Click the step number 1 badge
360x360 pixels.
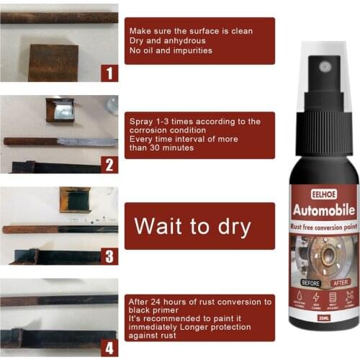[x=109, y=73]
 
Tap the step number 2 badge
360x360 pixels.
[x=109, y=164]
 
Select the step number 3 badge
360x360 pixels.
[x=109, y=256]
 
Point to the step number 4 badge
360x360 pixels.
[x=109, y=348]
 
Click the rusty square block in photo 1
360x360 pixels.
[x=54, y=61]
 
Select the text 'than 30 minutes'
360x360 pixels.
[x=161, y=148]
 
